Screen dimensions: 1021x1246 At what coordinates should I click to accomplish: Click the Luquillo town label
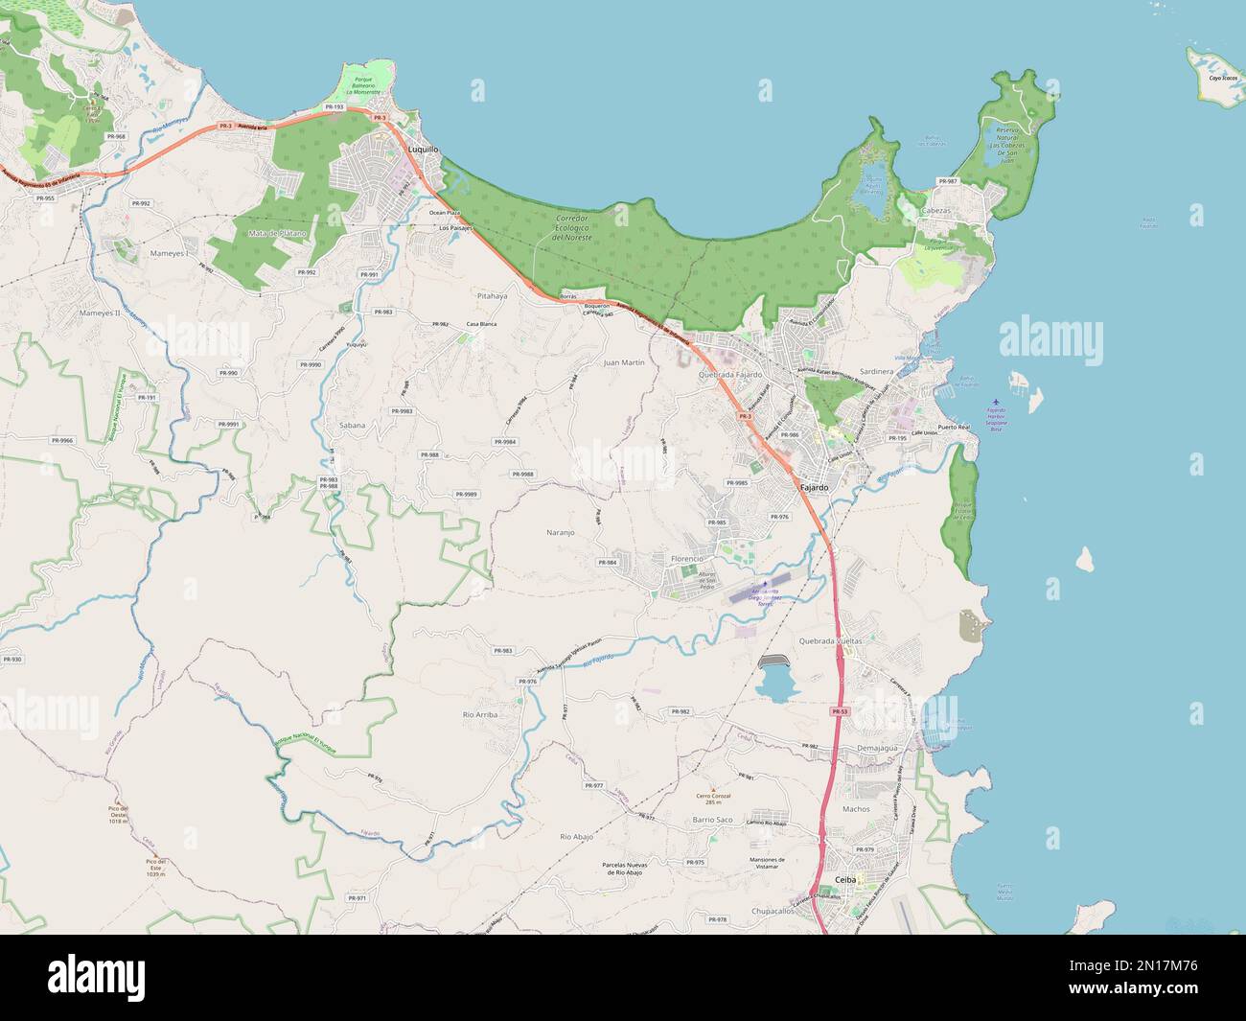tap(423, 151)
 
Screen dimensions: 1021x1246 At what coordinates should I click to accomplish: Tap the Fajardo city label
tap(816, 488)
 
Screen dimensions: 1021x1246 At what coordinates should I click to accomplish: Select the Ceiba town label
tap(845, 879)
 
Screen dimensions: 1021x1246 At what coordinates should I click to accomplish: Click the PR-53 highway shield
tap(840, 711)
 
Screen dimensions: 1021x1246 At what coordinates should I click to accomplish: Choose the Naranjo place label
tap(561, 529)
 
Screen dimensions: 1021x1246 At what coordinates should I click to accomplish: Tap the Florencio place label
tap(687, 558)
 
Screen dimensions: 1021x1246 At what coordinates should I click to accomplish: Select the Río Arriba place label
tap(480, 714)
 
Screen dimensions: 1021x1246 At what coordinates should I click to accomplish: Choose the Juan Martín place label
tap(624, 363)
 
